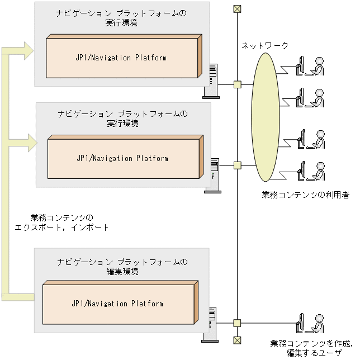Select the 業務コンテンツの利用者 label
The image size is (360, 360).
click(x=306, y=195)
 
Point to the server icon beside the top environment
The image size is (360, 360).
click(x=212, y=82)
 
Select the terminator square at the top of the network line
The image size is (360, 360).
click(x=237, y=8)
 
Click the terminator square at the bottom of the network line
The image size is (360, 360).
click(x=237, y=339)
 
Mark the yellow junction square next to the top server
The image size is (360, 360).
click(x=237, y=84)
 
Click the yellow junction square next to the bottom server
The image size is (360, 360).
click(x=237, y=323)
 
